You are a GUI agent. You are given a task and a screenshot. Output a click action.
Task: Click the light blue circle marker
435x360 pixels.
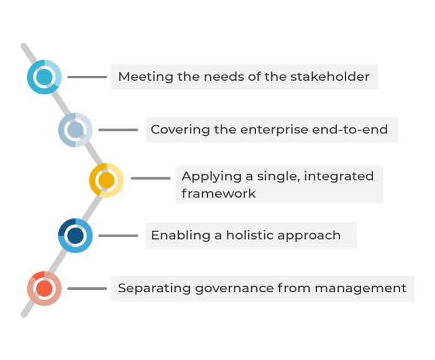point(45,78)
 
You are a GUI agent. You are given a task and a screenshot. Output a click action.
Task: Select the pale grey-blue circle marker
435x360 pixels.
point(76,130)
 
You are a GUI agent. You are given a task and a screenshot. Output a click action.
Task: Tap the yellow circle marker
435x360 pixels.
point(107,180)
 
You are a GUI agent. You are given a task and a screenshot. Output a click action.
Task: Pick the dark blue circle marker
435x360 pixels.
point(76,235)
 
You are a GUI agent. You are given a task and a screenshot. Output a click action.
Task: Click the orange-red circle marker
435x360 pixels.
point(45,288)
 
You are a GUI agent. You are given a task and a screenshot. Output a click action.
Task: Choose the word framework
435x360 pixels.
point(218,193)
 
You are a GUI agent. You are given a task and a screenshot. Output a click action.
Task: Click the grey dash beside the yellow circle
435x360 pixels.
point(150,178)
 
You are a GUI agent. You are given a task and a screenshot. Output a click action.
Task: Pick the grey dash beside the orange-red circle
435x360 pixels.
point(87,288)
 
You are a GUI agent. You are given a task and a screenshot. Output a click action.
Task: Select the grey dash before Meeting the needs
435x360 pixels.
point(87,78)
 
